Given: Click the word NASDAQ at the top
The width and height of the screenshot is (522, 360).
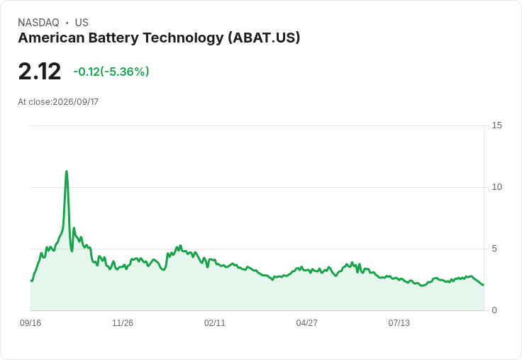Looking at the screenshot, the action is pyautogui.click(x=38, y=23).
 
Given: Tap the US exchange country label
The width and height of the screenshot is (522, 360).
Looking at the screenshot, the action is pyautogui.click(x=82, y=23).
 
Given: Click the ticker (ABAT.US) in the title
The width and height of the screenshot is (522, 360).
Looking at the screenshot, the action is pyautogui.click(x=264, y=38).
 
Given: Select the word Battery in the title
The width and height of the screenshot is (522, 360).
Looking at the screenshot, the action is pyautogui.click(x=113, y=38).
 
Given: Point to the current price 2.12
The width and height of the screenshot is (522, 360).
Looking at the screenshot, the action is pyautogui.click(x=40, y=71).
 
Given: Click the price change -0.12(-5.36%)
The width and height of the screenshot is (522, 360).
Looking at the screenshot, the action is pyautogui.click(x=111, y=72).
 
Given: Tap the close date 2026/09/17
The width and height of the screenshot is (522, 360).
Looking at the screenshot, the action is pyautogui.click(x=76, y=102).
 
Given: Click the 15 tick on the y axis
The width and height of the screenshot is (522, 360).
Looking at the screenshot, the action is pyautogui.click(x=496, y=125).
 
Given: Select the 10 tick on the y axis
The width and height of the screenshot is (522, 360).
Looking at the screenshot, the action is pyautogui.click(x=496, y=187).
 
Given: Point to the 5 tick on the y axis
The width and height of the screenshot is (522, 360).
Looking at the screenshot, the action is pyautogui.click(x=494, y=249).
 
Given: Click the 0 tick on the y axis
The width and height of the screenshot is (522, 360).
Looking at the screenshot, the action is pyautogui.click(x=494, y=310).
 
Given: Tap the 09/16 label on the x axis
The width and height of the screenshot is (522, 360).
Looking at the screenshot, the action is pyautogui.click(x=30, y=322).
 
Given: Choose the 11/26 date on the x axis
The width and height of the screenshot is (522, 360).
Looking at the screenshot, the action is pyautogui.click(x=123, y=322).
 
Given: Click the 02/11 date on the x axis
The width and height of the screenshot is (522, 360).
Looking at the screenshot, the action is pyautogui.click(x=215, y=322).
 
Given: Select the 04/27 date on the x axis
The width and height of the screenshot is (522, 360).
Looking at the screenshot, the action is pyautogui.click(x=306, y=322).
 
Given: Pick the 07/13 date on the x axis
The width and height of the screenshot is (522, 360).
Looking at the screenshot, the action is pyautogui.click(x=399, y=322).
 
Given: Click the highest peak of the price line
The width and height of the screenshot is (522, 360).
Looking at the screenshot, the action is pyautogui.click(x=67, y=171).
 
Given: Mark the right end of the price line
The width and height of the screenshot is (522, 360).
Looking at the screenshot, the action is pyautogui.click(x=483, y=284).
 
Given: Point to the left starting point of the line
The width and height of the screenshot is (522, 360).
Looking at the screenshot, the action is pyautogui.click(x=31, y=281).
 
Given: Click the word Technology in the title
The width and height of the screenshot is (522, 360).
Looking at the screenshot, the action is pyautogui.click(x=183, y=38).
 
